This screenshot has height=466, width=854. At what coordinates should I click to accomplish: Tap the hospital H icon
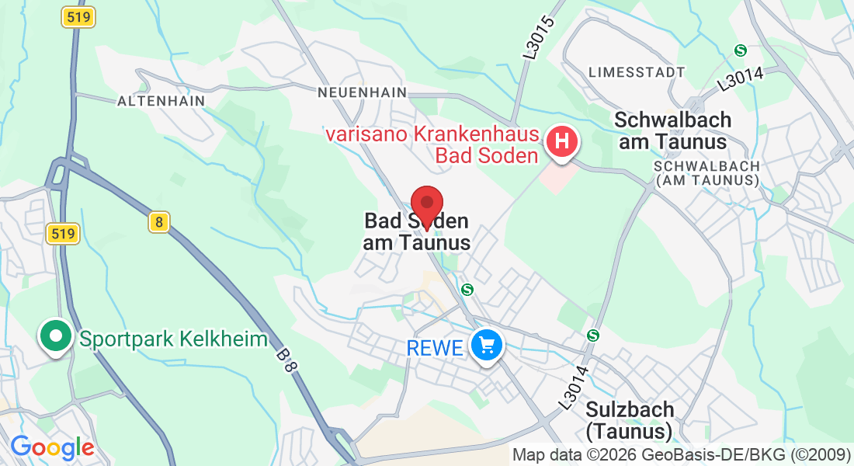[x=563, y=142]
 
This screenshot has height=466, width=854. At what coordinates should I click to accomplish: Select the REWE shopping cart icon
[x=488, y=344]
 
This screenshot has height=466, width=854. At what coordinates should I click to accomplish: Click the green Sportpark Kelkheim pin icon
[x=55, y=336]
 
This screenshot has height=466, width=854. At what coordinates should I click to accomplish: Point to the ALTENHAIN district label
[x=161, y=101]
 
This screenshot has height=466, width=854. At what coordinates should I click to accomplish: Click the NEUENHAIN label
[x=362, y=92]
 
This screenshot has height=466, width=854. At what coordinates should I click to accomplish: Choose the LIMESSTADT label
[x=637, y=72]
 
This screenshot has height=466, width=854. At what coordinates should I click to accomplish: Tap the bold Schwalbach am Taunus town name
[x=672, y=130]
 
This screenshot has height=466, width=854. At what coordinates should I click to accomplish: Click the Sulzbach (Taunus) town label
[x=630, y=419]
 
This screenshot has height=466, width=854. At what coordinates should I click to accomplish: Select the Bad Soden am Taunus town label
[x=417, y=232]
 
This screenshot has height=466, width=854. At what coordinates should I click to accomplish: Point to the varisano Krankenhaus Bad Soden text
[x=432, y=145]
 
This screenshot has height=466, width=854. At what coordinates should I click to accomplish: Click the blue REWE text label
[x=435, y=348]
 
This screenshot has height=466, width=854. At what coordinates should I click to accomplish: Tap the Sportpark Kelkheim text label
[x=174, y=339]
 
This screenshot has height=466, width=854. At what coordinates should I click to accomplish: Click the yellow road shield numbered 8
[x=158, y=223]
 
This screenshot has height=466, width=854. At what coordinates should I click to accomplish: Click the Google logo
[x=51, y=447]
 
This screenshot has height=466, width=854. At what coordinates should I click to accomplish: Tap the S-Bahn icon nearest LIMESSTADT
[x=741, y=50]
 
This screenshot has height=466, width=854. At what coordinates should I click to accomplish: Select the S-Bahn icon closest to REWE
[x=467, y=289]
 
